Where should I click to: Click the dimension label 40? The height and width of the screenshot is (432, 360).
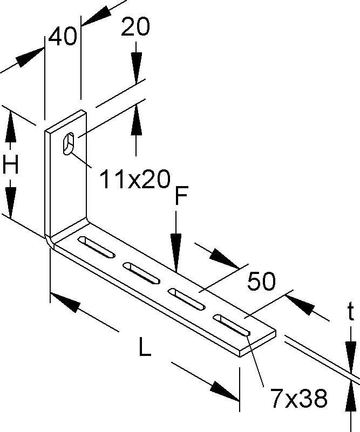coord(63,38)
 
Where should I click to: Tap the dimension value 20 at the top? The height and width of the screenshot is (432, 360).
coord(135,28)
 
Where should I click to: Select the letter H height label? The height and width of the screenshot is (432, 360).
coord(11,165)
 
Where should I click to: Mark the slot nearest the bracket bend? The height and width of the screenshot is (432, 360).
coord(97,246)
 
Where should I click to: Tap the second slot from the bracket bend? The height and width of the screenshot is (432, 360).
coord(142,273)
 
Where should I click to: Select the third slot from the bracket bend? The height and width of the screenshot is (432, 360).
coord(187,299)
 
